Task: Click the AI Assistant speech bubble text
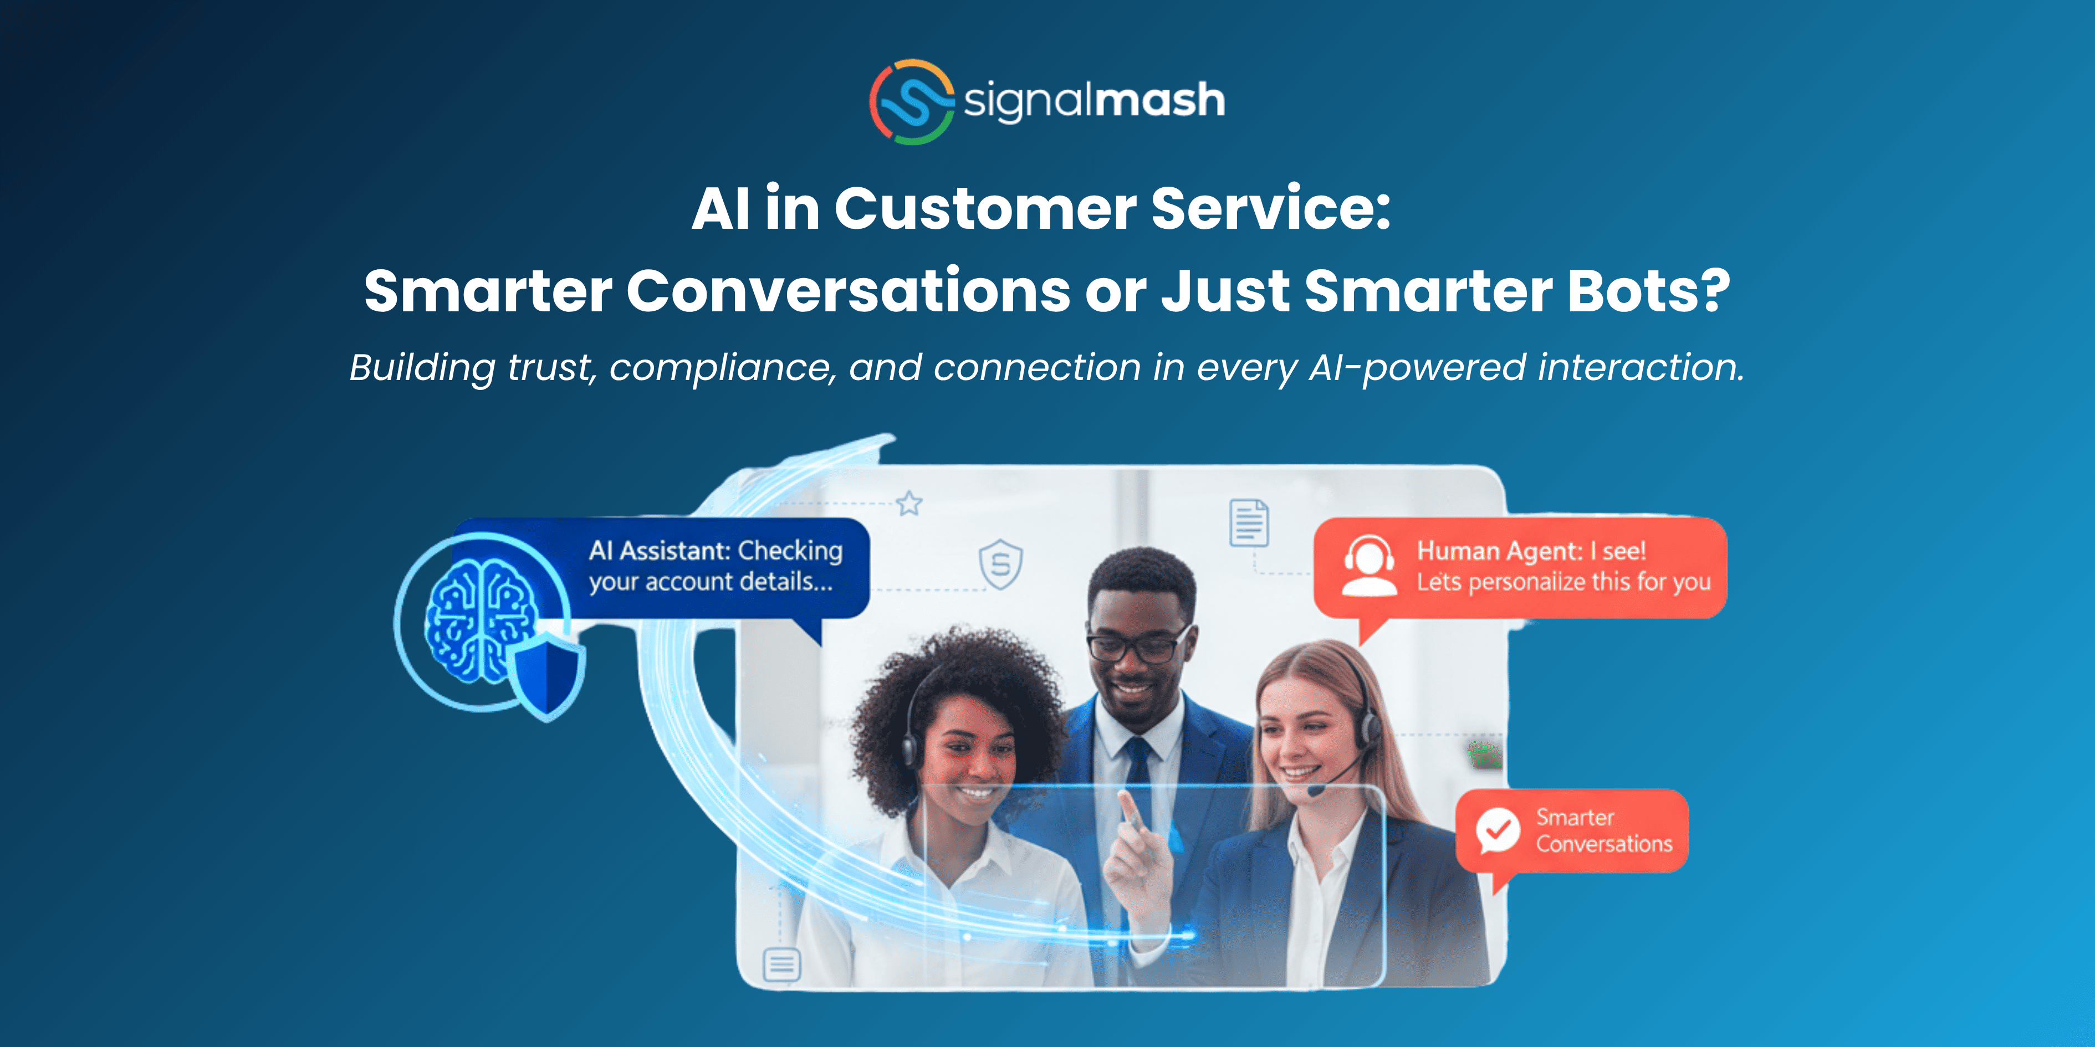click(715, 566)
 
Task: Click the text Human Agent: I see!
click(1531, 551)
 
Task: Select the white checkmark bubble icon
click(1497, 830)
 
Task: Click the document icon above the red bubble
click(1248, 523)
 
